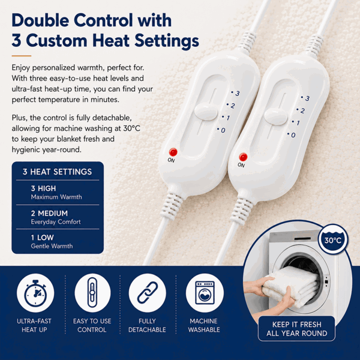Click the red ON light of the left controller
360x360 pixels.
pyautogui.click(x=173, y=152)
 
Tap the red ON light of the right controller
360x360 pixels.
pyautogui.click(x=243, y=157)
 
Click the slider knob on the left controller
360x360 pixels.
pyautogui.click(x=206, y=112)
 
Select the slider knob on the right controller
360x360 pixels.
pyautogui.click(x=276, y=116)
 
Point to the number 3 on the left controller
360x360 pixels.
pyautogui.click(x=238, y=94)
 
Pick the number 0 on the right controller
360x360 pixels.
pyautogui.click(x=293, y=135)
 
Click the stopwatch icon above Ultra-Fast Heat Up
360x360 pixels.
pyautogui.click(x=35, y=293)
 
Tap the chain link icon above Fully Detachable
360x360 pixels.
pyautogui.click(x=148, y=293)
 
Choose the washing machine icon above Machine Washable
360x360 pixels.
pyautogui.click(x=205, y=293)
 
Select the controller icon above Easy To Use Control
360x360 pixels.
pyautogui.click(x=92, y=293)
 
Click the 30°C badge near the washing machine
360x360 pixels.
pyautogui.click(x=333, y=239)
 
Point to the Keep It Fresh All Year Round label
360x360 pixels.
pyautogui.click(x=296, y=329)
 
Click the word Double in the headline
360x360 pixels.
pyautogui.click(x=40, y=20)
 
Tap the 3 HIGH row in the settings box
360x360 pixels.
pyautogui.click(x=56, y=193)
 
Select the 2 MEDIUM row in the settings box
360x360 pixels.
pyautogui.click(x=56, y=217)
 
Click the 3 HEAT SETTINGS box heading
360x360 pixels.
pyautogui.click(x=57, y=172)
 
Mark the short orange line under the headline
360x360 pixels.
pyautogui.click(x=22, y=56)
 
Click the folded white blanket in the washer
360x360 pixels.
pyautogui.click(x=291, y=287)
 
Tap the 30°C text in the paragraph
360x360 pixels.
pyautogui.click(x=131, y=128)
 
